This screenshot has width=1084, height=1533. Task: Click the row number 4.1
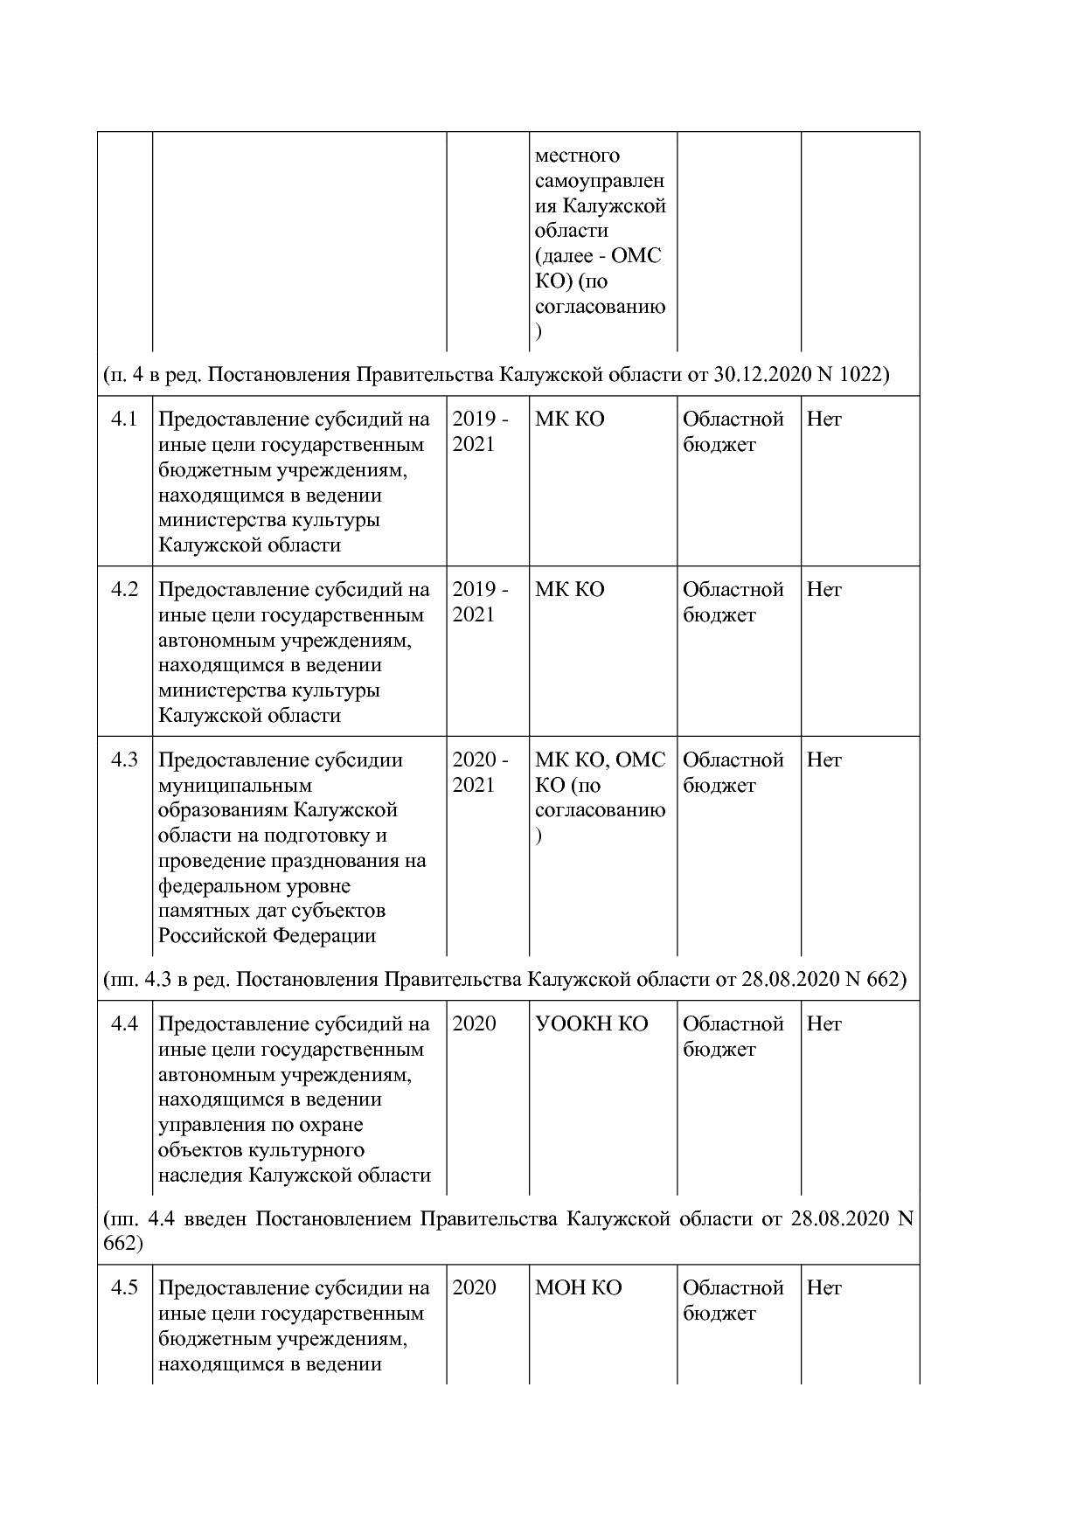124,420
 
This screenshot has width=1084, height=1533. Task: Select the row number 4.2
124,590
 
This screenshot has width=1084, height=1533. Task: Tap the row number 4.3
124,760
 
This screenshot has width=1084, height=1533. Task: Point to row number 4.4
124,1024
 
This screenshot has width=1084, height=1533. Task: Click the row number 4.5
124,1288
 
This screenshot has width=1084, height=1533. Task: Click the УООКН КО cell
591,1024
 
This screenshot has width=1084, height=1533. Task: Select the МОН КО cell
578,1288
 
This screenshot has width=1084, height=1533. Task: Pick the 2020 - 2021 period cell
480,773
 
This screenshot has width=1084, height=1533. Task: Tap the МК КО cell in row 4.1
569,420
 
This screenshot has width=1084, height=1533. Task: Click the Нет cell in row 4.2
823,590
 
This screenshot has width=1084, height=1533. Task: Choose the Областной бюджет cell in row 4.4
733,1037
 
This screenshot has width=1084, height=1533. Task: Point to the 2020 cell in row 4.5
474,1288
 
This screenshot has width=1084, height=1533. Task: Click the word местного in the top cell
577,156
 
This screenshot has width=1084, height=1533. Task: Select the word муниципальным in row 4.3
234,786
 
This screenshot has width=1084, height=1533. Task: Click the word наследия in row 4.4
200,1176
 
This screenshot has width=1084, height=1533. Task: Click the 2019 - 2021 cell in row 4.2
480,602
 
